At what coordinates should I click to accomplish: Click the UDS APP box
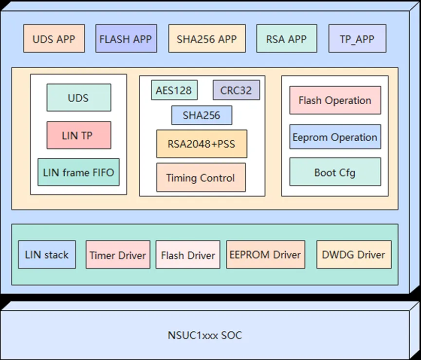click(x=54, y=38)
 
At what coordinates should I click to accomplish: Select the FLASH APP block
click(x=126, y=38)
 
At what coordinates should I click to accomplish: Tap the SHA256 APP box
click(x=207, y=38)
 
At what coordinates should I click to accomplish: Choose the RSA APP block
click(x=286, y=38)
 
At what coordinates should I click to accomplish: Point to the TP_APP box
click(x=357, y=38)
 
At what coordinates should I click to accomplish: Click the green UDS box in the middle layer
click(x=78, y=97)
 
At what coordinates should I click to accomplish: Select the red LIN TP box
click(x=78, y=135)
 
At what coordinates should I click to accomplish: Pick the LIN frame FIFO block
click(x=78, y=172)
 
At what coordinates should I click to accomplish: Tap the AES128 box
click(x=174, y=90)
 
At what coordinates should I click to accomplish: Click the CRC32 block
click(x=236, y=90)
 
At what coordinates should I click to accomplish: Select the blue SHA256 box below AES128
click(x=201, y=115)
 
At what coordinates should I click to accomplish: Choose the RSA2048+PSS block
click(x=201, y=144)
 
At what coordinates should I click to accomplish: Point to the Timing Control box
click(x=201, y=177)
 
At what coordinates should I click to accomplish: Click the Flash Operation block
click(x=335, y=100)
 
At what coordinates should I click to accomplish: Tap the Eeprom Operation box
click(x=335, y=137)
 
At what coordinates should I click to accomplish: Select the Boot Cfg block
click(x=335, y=172)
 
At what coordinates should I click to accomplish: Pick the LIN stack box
click(x=47, y=254)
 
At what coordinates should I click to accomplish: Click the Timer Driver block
click(x=118, y=255)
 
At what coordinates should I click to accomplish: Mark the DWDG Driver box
click(x=354, y=254)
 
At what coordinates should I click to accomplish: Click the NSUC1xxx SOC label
click(x=204, y=335)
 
